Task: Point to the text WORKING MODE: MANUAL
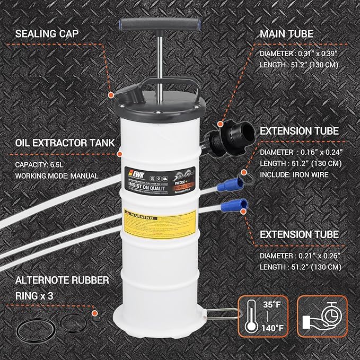point(57,175)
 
